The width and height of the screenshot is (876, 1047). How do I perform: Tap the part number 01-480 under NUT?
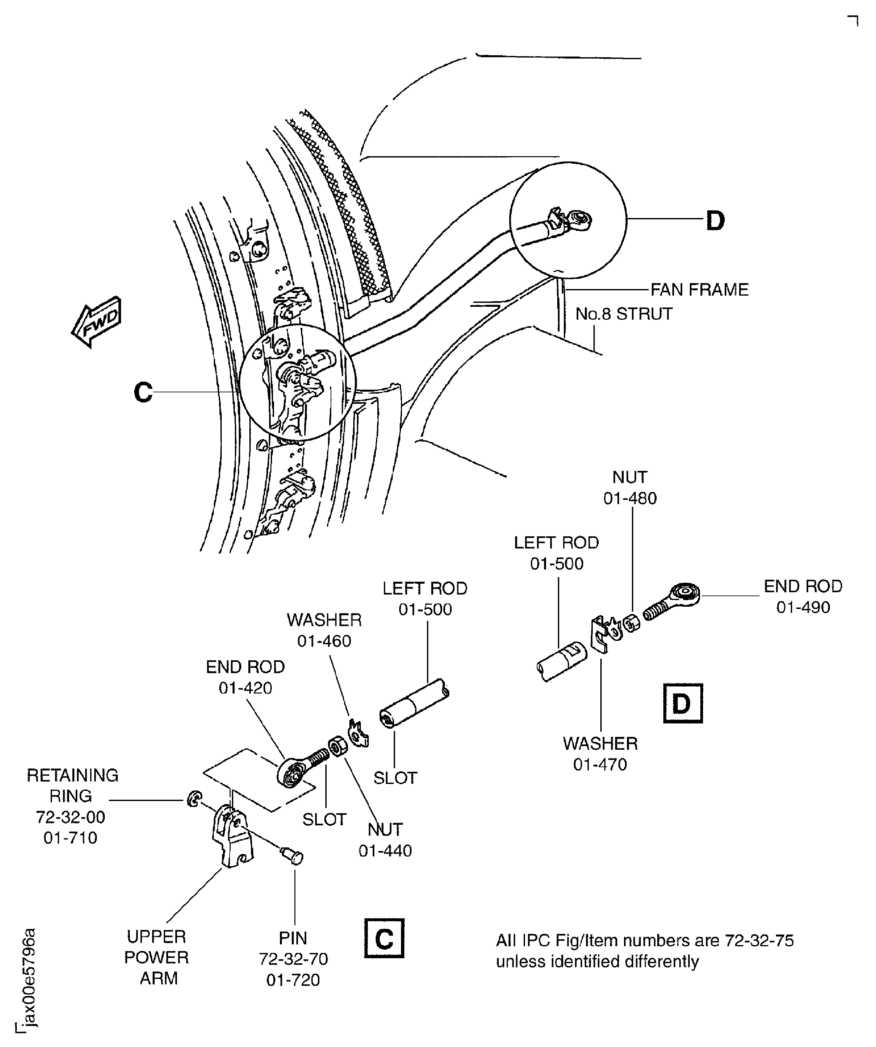[x=630, y=498]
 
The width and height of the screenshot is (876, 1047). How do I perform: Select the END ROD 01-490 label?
[x=803, y=596]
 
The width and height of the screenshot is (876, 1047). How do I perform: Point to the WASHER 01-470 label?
[x=600, y=753]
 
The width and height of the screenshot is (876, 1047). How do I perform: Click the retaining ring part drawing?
[x=192, y=799]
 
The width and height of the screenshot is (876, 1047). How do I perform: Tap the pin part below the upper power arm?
[x=293, y=857]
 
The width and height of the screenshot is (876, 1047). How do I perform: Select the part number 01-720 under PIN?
[x=293, y=980]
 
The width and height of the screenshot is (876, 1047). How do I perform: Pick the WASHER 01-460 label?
[x=324, y=630]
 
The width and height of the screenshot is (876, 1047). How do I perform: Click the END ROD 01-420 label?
[x=245, y=677]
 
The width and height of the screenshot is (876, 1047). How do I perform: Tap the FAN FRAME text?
[x=699, y=290]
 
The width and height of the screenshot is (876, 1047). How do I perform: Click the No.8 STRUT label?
[x=624, y=314]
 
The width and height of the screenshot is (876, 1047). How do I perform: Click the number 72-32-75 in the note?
[x=759, y=940]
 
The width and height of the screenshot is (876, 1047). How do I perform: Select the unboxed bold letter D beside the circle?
[x=715, y=220]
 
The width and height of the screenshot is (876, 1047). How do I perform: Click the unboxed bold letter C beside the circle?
[x=143, y=392]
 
